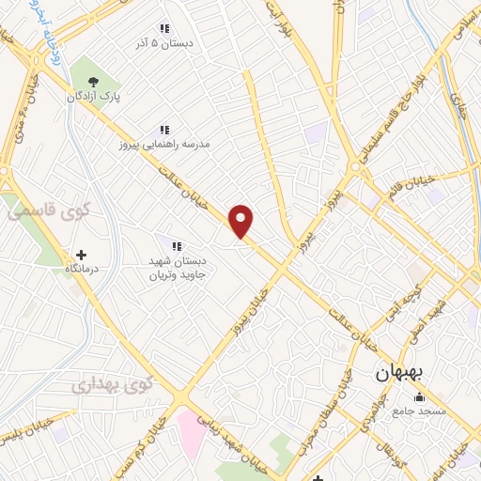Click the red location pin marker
tap(242, 222)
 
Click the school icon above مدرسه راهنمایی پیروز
tap(163, 130)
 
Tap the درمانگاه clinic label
tap(82, 269)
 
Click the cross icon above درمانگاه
tap(81, 255)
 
